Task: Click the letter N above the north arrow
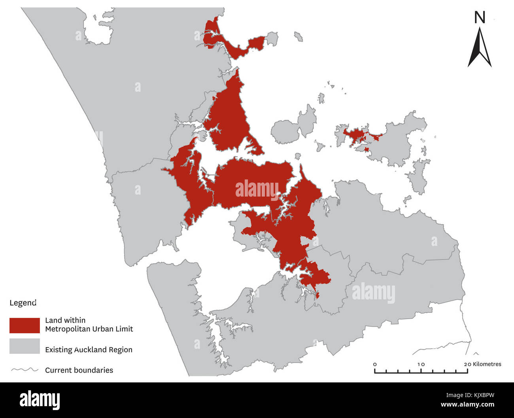pyautogui.click(x=480, y=17)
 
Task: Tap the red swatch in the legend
pyautogui.click(x=25, y=325)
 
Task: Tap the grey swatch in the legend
pyautogui.click(x=25, y=346)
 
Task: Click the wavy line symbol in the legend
pyautogui.click(x=25, y=370)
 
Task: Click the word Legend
pyautogui.click(x=23, y=303)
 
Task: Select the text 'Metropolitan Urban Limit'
pyautogui.click(x=89, y=329)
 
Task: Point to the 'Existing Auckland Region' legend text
pyautogui.click(x=89, y=350)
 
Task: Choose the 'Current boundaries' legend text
pyautogui.click(x=79, y=370)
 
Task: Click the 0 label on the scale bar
pyautogui.click(x=375, y=364)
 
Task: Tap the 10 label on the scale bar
pyautogui.click(x=421, y=364)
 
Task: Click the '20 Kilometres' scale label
pyautogui.click(x=482, y=364)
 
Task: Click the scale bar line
pyautogui.click(x=421, y=372)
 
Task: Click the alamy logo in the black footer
pyautogui.click(x=40, y=400)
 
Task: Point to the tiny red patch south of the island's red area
pyautogui.click(x=367, y=149)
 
